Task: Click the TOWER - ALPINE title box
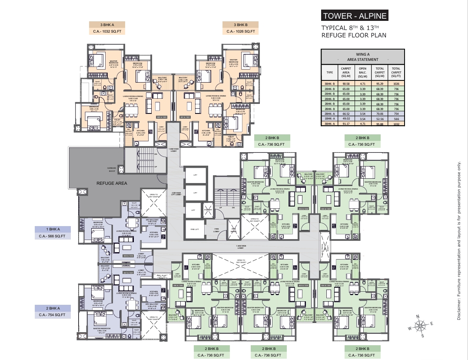[354, 17]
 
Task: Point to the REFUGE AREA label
[112, 183]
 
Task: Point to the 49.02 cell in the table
[346, 117]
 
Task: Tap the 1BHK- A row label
[329, 117]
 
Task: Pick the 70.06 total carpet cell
[379, 111]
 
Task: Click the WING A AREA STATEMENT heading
[362, 56]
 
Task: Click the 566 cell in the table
[396, 117]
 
